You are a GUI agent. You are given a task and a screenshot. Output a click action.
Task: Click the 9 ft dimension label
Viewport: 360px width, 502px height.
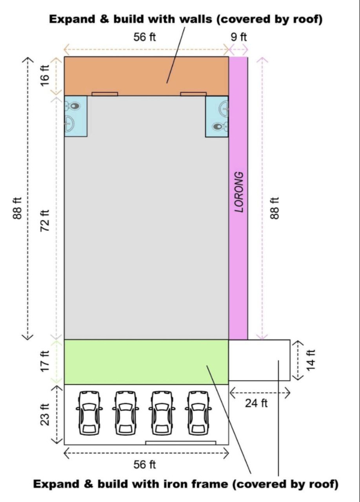click(x=239, y=37)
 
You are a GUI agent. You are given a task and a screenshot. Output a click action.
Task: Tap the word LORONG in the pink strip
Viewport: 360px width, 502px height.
click(x=239, y=192)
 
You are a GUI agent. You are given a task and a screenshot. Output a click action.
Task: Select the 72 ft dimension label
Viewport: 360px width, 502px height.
click(x=46, y=221)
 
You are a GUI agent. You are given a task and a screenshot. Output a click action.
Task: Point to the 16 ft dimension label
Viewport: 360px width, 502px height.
click(x=45, y=75)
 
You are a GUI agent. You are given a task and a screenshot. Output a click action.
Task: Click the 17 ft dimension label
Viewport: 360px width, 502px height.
click(x=46, y=362)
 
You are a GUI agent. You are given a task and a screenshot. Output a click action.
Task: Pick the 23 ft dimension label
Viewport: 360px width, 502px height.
click(x=45, y=414)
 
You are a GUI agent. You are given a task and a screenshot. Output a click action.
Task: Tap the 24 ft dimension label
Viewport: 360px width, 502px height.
click(x=256, y=403)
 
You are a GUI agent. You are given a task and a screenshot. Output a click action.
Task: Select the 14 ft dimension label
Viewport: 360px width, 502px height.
click(x=311, y=360)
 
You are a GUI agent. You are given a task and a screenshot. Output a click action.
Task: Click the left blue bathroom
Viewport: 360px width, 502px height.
click(x=76, y=116)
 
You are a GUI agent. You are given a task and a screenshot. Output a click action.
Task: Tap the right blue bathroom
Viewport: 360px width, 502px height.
click(x=217, y=116)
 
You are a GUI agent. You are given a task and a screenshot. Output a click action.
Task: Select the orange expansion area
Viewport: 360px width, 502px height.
click(x=146, y=76)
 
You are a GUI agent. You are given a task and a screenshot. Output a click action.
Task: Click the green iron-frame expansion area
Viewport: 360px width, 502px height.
click(x=146, y=362)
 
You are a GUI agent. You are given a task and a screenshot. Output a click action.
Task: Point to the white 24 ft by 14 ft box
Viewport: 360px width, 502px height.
click(x=259, y=360)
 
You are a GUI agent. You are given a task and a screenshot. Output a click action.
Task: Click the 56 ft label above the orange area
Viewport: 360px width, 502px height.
click(x=145, y=37)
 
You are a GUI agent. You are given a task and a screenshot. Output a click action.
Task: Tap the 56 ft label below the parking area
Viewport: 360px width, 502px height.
click(x=145, y=464)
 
